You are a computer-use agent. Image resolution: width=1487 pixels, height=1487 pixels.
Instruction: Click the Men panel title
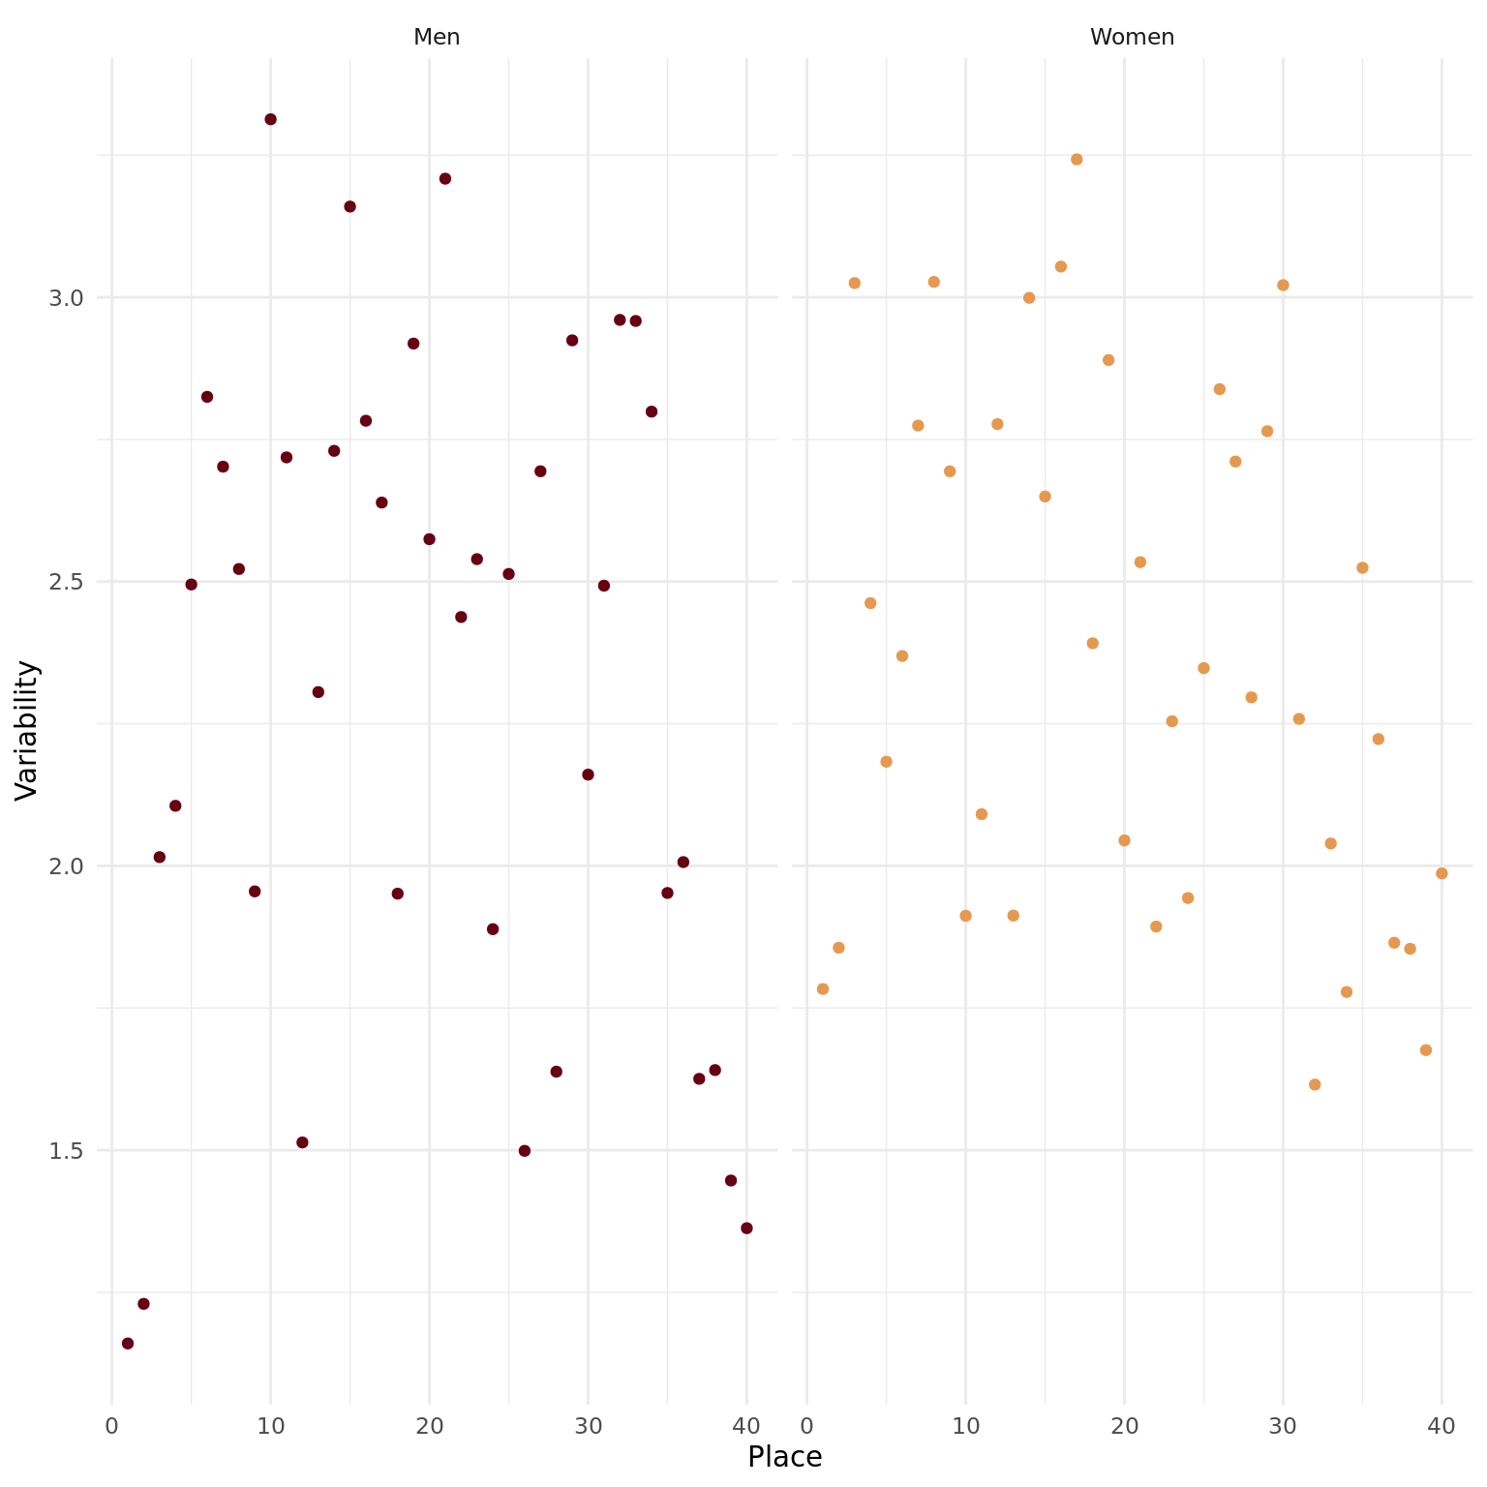(437, 38)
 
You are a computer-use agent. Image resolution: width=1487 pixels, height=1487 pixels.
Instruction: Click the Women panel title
(1132, 38)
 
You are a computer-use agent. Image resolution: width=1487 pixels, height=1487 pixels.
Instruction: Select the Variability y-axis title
(27, 730)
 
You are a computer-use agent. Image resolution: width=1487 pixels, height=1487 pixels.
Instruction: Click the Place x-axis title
(784, 1456)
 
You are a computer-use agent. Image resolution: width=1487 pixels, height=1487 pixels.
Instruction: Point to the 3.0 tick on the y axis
(66, 297)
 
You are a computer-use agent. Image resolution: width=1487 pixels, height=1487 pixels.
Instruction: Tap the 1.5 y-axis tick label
(66, 1150)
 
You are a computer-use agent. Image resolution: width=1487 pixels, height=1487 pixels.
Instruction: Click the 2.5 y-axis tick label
(66, 582)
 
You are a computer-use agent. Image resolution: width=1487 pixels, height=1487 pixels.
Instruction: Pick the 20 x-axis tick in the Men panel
(429, 1425)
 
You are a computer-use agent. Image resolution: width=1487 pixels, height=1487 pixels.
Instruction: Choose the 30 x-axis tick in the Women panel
(1283, 1425)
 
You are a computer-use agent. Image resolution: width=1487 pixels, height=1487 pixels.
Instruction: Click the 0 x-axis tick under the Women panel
(807, 1425)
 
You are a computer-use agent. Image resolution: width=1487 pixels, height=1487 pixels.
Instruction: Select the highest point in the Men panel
(270, 119)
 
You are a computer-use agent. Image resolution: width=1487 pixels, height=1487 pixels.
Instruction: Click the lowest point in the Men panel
(128, 1343)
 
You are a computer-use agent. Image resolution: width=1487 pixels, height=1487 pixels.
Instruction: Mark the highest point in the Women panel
(1077, 159)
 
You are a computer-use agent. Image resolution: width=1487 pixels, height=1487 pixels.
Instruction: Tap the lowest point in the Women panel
(1315, 1084)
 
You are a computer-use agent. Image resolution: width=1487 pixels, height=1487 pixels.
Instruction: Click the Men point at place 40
(746, 1228)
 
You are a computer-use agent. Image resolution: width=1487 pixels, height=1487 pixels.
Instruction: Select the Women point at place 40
(1441, 873)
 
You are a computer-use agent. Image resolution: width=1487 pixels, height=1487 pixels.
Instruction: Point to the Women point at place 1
(823, 988)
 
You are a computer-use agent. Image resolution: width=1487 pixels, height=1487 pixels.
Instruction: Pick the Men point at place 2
(143, 1303)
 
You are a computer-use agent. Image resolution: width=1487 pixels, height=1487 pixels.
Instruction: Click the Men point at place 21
(445, 178)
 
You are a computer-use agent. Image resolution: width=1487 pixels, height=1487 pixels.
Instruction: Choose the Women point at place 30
(1283, 285)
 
